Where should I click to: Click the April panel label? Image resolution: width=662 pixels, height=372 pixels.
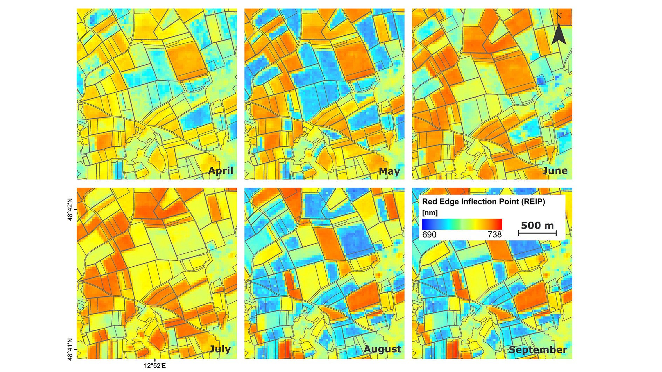221,170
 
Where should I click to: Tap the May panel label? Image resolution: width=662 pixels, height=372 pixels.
389,171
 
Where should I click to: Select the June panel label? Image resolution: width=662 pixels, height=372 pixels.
555,170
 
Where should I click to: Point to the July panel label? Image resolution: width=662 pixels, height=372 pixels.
220,349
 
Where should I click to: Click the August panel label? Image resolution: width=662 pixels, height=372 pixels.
382,349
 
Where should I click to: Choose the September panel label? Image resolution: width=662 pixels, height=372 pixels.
538,349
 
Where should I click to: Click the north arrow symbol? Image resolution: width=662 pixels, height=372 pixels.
559,34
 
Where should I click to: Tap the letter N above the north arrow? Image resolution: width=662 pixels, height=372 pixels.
559,16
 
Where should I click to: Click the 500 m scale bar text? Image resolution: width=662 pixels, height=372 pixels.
537,225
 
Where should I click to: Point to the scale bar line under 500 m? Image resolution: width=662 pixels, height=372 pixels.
537,233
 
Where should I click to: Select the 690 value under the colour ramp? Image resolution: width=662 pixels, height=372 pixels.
429,234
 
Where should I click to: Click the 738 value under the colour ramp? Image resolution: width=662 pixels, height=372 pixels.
495,234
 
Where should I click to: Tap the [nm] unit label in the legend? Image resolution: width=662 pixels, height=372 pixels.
430,213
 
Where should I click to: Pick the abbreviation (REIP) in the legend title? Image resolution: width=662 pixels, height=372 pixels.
533,202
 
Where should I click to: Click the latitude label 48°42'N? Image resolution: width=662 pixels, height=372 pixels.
70,210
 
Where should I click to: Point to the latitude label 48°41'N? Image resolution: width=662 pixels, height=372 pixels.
70,349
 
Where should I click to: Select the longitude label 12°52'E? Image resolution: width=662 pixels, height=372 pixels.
155,366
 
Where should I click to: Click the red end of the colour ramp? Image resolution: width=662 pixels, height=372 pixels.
499,224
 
